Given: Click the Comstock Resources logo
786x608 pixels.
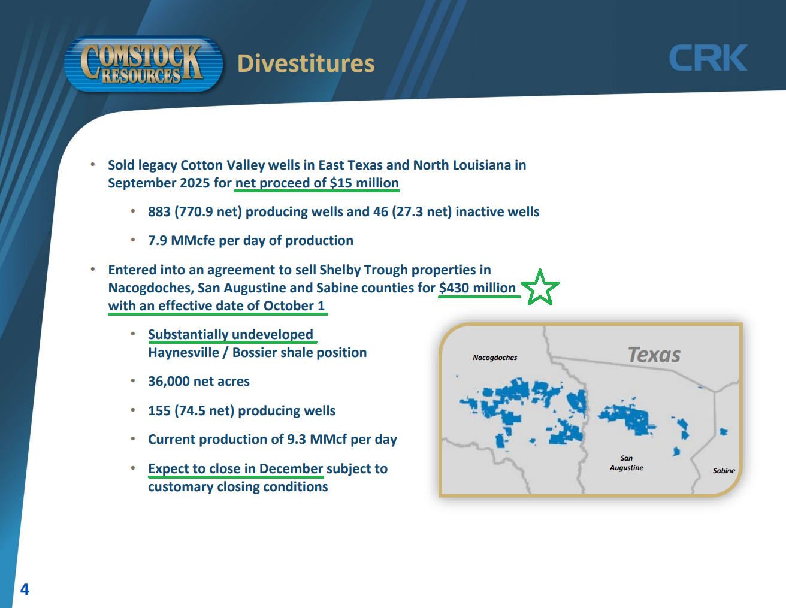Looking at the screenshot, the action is point(144,63).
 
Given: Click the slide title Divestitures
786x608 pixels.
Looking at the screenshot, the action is point(306,63).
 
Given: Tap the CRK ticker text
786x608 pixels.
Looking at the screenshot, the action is point(708,58).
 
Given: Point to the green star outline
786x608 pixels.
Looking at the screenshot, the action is point(540,288).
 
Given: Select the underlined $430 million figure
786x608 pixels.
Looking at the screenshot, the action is point(477,288).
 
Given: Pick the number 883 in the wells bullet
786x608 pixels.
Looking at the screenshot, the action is point(159,211).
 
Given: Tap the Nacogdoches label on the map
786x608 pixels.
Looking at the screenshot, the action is point(495,358).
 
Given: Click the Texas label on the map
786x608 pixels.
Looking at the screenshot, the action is point(654,354).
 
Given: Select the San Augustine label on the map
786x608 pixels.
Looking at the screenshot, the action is point(627,463).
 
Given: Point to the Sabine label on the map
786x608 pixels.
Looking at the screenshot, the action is point(724,471).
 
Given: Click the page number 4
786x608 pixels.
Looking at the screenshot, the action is point(25,589).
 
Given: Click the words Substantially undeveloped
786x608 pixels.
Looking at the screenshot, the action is point(231,335).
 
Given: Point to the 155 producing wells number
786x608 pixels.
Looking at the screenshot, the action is point(159,410).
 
